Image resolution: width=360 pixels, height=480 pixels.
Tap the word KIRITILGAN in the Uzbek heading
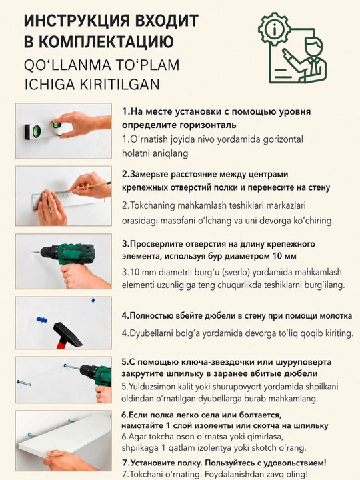(x=120, y=85)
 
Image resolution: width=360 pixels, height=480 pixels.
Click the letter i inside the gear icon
(x=274, y=29)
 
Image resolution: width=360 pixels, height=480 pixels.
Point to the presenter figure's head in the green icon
(x=314, y=45)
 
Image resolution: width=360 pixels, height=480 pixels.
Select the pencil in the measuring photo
(x=91, y=186)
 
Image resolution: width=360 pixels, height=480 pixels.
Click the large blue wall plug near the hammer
(x=42, y=320)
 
